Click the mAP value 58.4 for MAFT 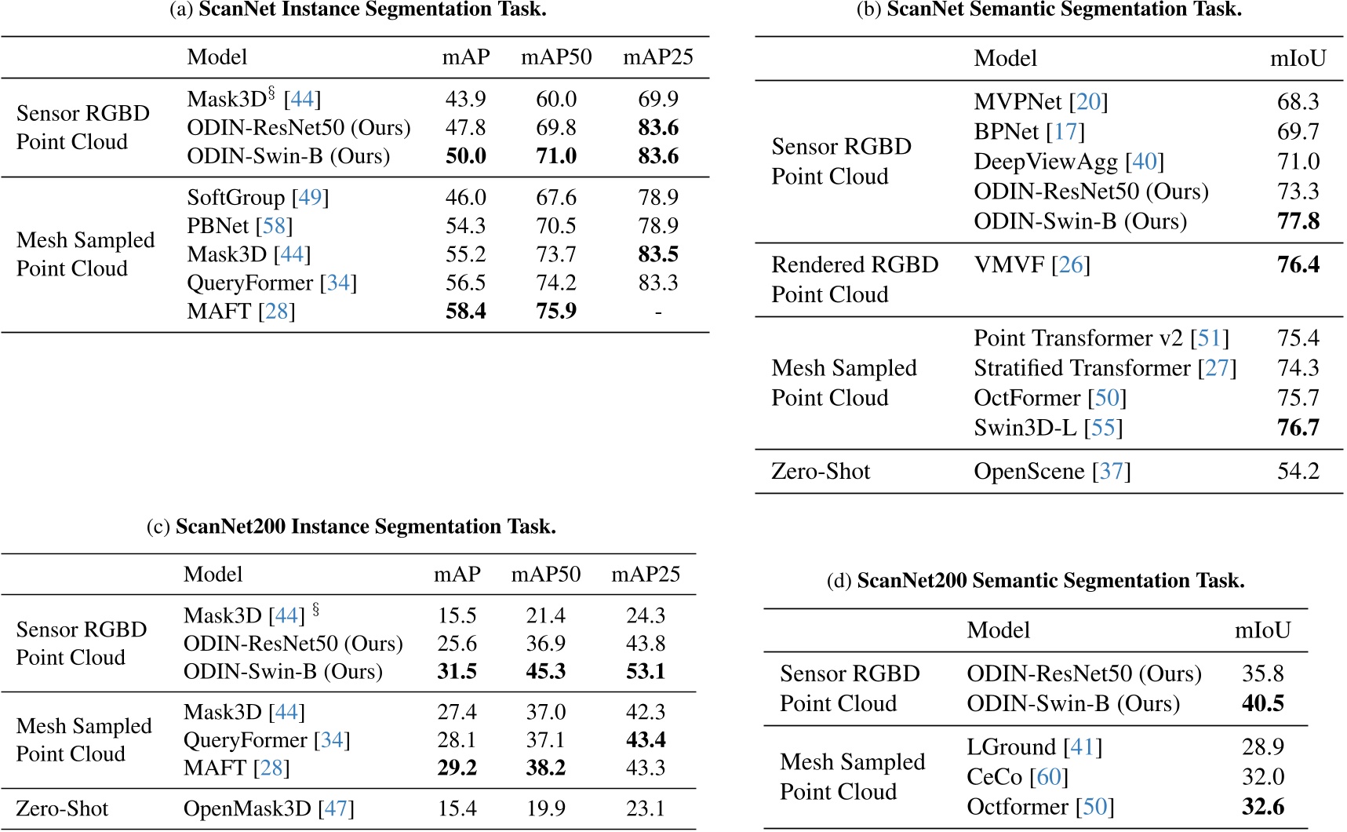465,312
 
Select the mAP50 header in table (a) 555,57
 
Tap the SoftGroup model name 235,198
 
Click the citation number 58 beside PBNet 274,226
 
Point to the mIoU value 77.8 1298,221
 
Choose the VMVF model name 1009,265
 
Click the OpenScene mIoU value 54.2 1298,472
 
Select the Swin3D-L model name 1025,429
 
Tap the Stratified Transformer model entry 1082,368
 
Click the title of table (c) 351,527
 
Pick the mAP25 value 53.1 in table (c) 645,672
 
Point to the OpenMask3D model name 247,809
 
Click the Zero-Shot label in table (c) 62,809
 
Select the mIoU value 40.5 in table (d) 1262,704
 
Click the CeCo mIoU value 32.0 1262,778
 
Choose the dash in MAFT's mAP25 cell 657,312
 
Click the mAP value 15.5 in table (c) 457,616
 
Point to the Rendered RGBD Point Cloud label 854,279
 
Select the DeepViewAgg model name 1045,162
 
